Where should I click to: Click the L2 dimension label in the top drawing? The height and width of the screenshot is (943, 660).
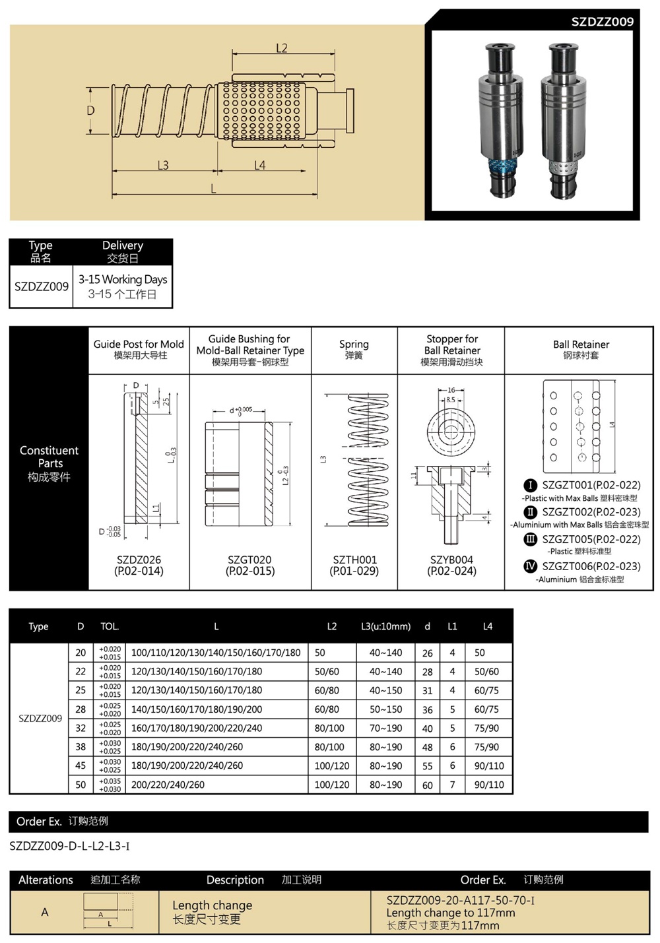click(x=282, y=48)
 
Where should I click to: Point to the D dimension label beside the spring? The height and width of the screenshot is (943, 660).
click(x=91, y=111)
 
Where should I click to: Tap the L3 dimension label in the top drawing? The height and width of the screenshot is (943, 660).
click(x=163, y=165)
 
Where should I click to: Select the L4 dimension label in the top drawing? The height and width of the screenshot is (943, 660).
click(x=259, y=165)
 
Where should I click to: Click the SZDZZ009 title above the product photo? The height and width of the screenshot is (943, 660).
click(x=602, y=22)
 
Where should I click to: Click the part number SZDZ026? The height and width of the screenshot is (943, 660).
click(x=139, y=560)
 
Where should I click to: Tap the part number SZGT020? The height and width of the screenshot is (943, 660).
click(x=250, y=560)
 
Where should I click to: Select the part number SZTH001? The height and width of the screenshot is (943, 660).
click(x=354, y=560)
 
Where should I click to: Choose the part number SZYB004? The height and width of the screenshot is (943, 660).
click(x=452, y=560)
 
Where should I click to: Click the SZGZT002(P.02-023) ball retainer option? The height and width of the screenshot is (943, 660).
click(x=591, y=512)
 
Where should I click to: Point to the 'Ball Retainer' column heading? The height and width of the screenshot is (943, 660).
click(x=581, y=344)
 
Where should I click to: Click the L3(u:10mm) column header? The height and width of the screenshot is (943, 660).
click(x=385, y=626)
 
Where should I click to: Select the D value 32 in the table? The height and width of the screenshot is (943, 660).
click(x=81, y=728)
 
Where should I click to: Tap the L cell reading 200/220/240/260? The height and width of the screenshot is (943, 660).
click(x=168, y=785)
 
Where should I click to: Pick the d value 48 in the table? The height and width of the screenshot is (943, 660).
click(x=428, y=747)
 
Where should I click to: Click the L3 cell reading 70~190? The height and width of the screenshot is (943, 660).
click(x=385, y=728)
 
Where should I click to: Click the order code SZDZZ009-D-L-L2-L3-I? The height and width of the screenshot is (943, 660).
click(x=69, y=846)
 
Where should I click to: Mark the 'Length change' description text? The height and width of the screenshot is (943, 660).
click(x=212, y=905)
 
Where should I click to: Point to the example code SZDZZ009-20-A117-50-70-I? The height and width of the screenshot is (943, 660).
click(x=460, y=900)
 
